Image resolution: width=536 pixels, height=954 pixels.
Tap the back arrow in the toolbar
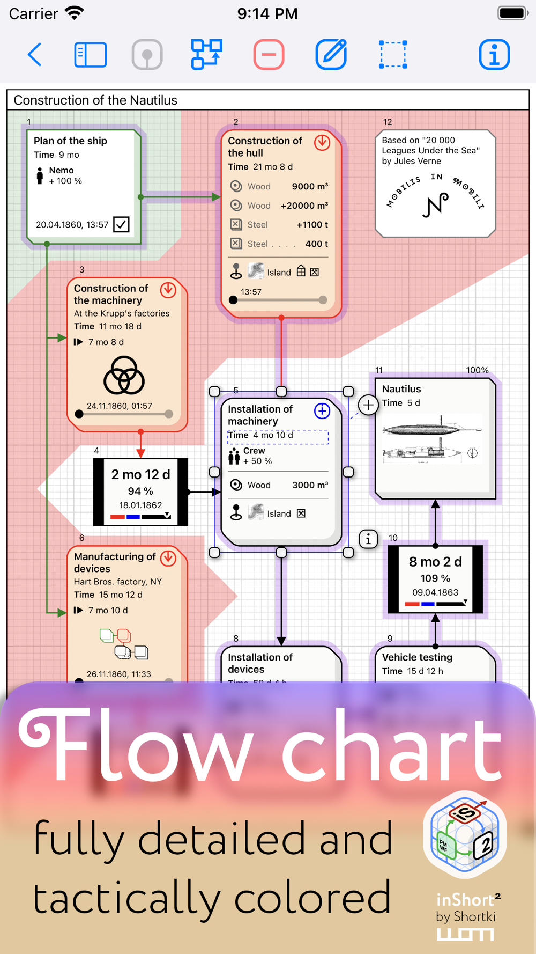35,55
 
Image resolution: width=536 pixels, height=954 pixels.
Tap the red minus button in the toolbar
269,55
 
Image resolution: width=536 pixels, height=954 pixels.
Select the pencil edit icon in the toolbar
331,55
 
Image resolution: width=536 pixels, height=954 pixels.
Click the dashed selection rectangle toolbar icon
393,55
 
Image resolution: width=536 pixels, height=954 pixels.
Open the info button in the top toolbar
494,55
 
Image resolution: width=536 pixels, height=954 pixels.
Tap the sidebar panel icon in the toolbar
90,55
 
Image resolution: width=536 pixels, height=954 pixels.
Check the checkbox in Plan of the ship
121,224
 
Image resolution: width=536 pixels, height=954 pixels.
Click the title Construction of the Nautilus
95,100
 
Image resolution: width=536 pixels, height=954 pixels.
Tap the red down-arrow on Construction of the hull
322,142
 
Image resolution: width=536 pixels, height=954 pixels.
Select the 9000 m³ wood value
309,187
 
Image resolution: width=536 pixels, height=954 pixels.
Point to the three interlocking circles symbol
124,375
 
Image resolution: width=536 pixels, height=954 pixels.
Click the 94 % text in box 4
140,491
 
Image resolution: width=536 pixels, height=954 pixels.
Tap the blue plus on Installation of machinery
322,411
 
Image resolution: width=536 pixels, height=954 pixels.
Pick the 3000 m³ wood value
309,485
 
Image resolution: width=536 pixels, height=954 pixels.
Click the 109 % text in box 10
435,578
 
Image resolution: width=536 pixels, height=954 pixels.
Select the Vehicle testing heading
417,657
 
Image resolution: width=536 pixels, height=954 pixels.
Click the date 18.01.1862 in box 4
140,505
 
